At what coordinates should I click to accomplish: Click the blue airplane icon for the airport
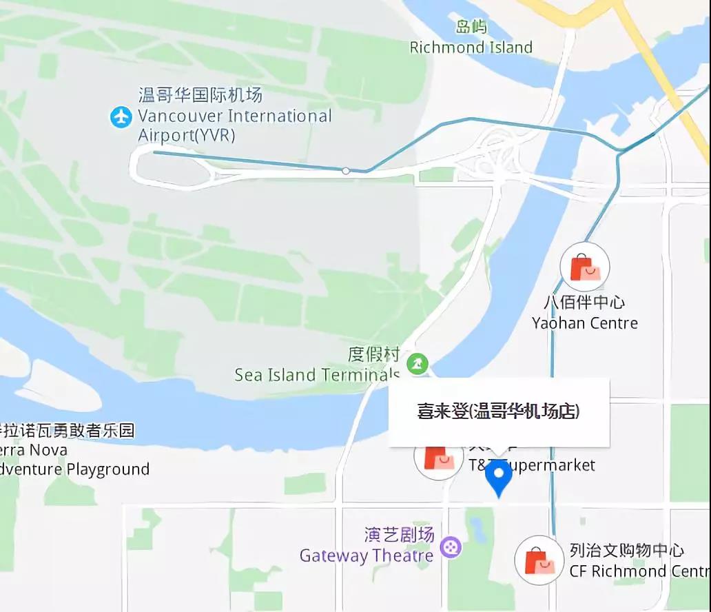pos(121,116)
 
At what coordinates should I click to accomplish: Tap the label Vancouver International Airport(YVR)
pos(234,125)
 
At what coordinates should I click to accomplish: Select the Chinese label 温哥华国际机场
pos(200,94)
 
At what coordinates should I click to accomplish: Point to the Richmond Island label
pos(471,48)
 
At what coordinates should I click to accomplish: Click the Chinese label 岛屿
pos(471,27)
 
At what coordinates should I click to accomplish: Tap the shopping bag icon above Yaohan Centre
pos(585,267)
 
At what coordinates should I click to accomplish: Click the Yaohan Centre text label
pos(585,323)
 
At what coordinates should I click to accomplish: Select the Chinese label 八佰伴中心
pos(584,303)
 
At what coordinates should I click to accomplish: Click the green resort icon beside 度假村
pos(417,363)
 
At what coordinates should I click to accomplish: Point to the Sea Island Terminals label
pos(317,375)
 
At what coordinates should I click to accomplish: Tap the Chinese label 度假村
pos(373,354)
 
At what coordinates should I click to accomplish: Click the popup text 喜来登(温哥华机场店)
pos(499,411)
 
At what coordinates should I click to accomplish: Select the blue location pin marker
pos(498,477)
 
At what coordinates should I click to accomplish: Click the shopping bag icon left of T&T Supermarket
pos(438,458)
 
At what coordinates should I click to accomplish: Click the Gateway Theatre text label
pos(367,555)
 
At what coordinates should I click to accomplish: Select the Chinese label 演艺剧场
pos(399,534)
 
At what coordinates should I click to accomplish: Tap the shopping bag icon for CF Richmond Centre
pos(539,560)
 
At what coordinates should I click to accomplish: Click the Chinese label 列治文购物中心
pos(627,551)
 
